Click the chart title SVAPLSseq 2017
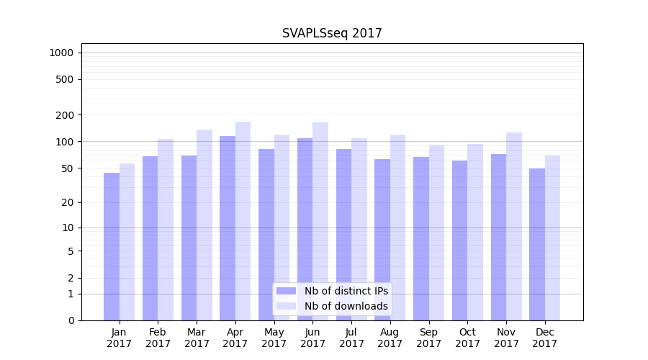pyautogui.click(x=332, y=33)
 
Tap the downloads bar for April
pyautogui.click(x=243, y=220)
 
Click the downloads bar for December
pyautogui.click(x=553, y=238)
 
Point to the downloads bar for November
pyautogui.click(x=514, y=226)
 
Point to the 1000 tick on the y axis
pyautogui.click(x=61, y=53)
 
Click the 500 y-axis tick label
pyautogui.click(x=65, y=79)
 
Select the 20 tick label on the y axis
pyautogui.click(x=68, y=202)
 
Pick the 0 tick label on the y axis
pyautogui.click(x=71, y=320)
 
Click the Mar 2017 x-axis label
pyautogui.click(x=197, y=338)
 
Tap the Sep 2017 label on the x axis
pyautogui.click(x=428, y=338)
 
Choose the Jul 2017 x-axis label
pyautogui.click(x=351, y=338)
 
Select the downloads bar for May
pyautogui.click(x=282, y=228)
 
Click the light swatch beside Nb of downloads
pyautogui.click(x=286, y=306)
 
